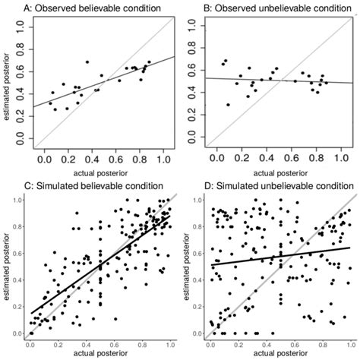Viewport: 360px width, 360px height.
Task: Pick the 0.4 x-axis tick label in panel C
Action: [87, 344]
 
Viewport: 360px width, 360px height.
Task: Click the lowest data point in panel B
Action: [228, 105]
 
